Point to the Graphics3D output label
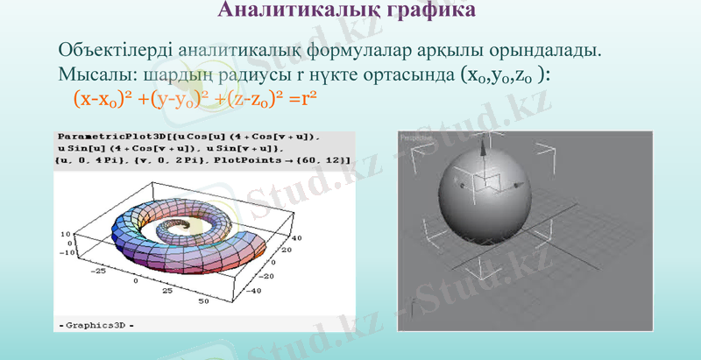coord(96,325)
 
